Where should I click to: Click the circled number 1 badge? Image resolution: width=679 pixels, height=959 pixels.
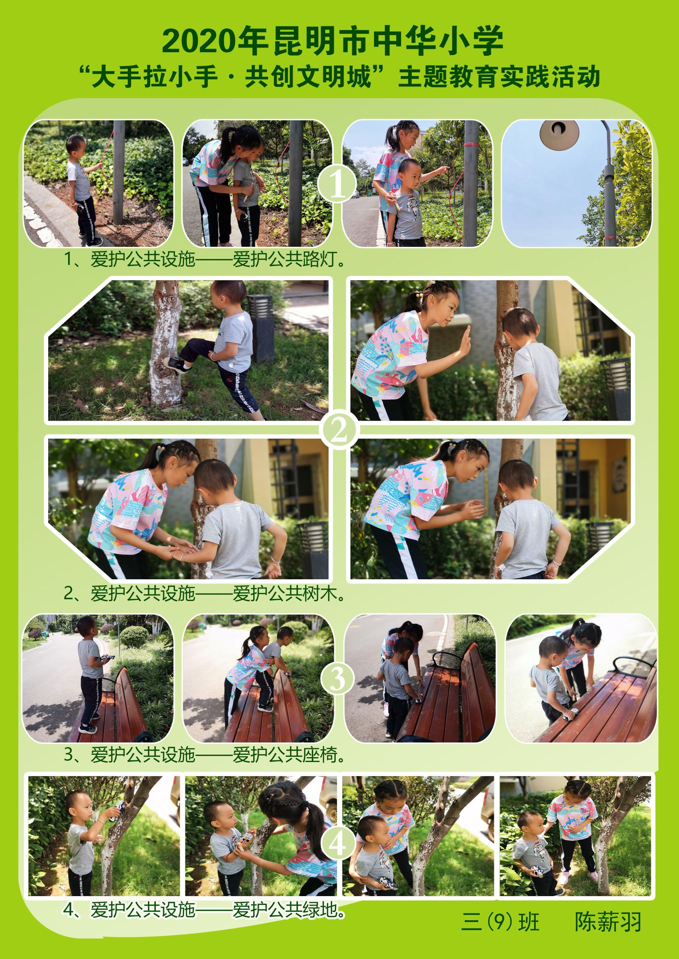pos(337,184)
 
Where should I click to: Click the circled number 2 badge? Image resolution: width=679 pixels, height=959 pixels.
pos(339,430)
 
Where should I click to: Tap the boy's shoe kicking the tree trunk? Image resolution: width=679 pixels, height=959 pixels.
pos(175,366)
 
